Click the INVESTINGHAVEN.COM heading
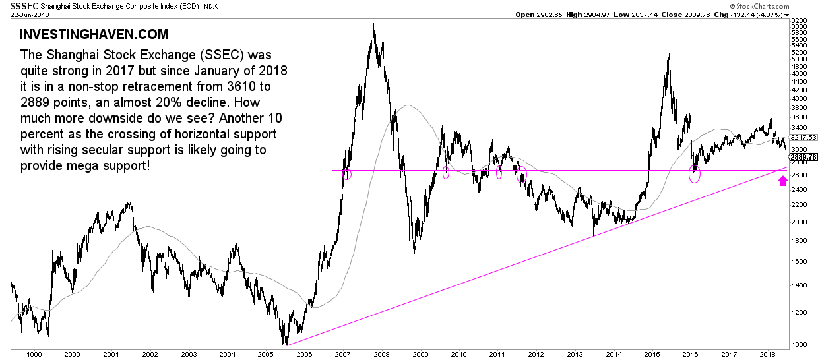pyautogui.click(x=94, y=34)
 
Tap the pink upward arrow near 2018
pyautogui.click(x=783, y=179)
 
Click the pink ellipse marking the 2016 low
pyautogui.click(x=695, y=174)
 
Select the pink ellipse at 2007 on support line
pyautogui.click(x=348, y=174)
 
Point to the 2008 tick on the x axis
pyautogui.click(x=383, y=354)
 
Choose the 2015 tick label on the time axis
pyautogui.click(x=653, y=354)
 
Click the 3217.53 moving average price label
pyautogui.click(x=803, y=137)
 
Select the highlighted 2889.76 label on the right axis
pyautogui.click(x=803, y=157)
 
